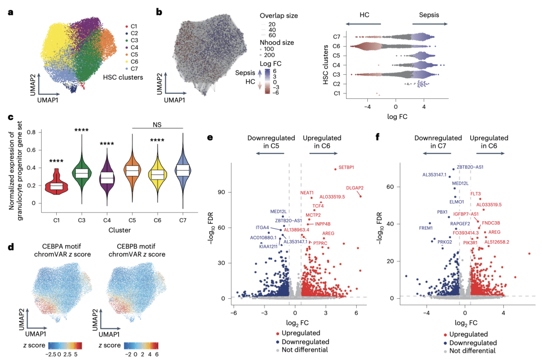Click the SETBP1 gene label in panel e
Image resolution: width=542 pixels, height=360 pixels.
346,166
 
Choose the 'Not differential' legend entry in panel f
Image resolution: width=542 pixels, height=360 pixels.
473,350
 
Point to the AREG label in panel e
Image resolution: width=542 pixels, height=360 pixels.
328,233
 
